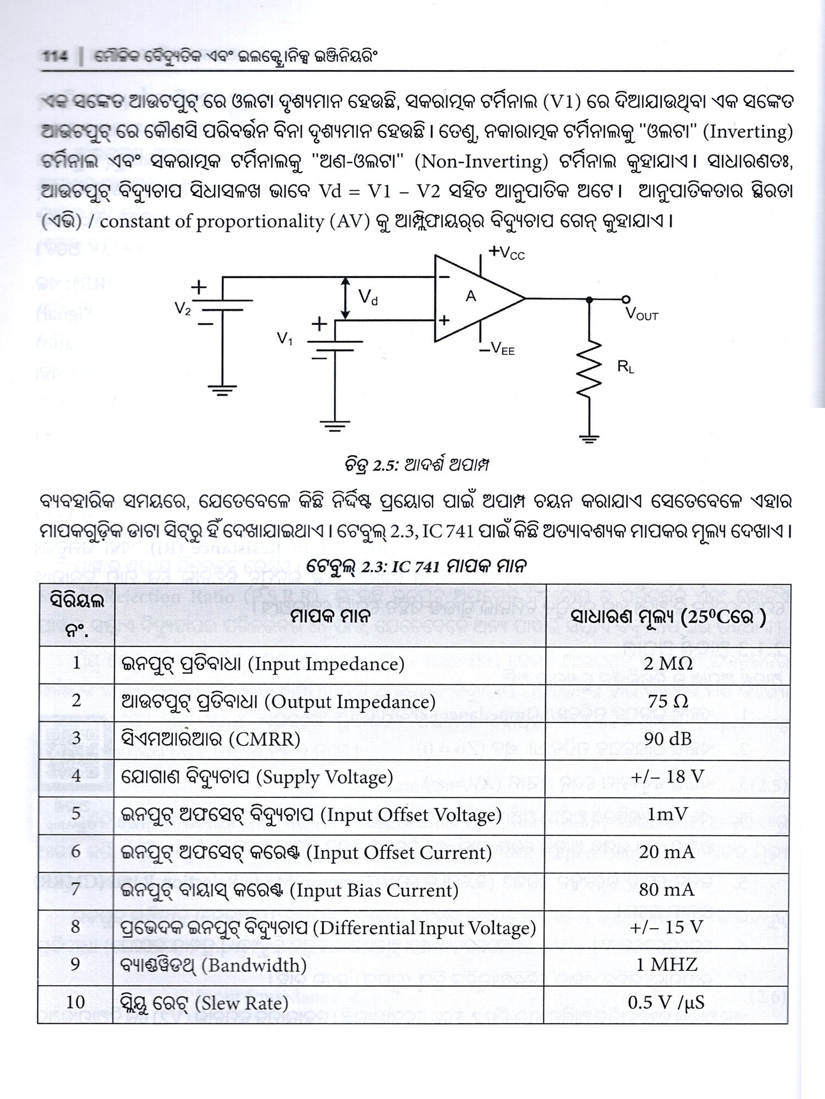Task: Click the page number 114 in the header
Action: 56,57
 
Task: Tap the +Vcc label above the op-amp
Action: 507,253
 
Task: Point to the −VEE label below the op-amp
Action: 497,348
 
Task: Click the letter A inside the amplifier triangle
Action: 471,297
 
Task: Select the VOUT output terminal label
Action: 641,314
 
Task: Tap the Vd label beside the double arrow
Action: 368,298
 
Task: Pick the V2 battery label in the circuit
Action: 183,309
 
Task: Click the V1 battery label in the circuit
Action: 284,339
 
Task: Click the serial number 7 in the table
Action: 76,890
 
